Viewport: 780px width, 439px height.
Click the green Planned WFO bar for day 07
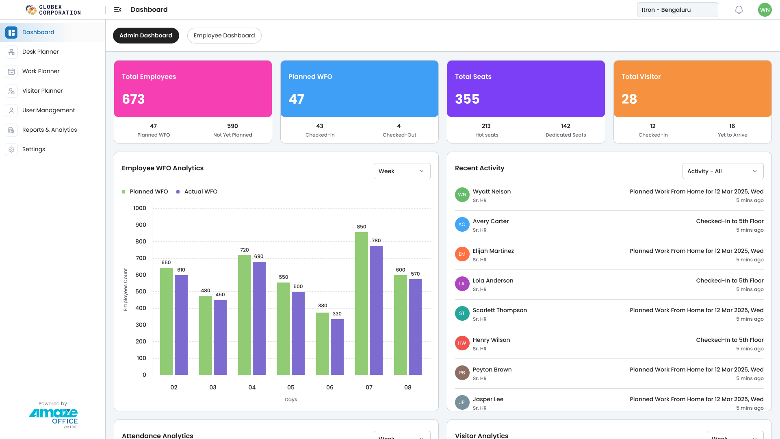(x=361, y=303)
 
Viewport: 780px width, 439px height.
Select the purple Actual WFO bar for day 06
(x=337, y=347)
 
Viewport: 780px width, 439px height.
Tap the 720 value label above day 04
(x=244, y=250)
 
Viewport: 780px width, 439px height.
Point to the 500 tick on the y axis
(x=141, y=291)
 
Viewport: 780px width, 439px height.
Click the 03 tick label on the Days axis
(x=212, y=387)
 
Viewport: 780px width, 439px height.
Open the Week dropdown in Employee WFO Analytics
(x=401, y=171)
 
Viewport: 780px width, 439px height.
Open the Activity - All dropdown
(x=722, y=171)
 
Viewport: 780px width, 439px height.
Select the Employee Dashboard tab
(x=224, y=35)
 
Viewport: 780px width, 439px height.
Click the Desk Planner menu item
(x=40, y=52)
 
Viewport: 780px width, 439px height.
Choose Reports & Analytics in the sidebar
(x=49, y=130)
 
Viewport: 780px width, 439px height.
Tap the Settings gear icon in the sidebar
(x=11, y=149)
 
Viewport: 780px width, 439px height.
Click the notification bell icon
(x=739, y=10)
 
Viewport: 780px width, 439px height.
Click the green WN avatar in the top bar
(x=764, y=10)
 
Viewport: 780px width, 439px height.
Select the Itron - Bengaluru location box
(x=677, y=10)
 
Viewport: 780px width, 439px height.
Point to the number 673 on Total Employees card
(x=133, y=99)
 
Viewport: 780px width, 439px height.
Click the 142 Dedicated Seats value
(x=565, y=126)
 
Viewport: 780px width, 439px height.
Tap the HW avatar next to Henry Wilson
(x=462, y=343)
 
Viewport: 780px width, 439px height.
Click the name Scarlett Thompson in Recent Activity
(x=499, y=310)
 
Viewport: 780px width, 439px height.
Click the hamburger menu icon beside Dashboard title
(x=117, y=10)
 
